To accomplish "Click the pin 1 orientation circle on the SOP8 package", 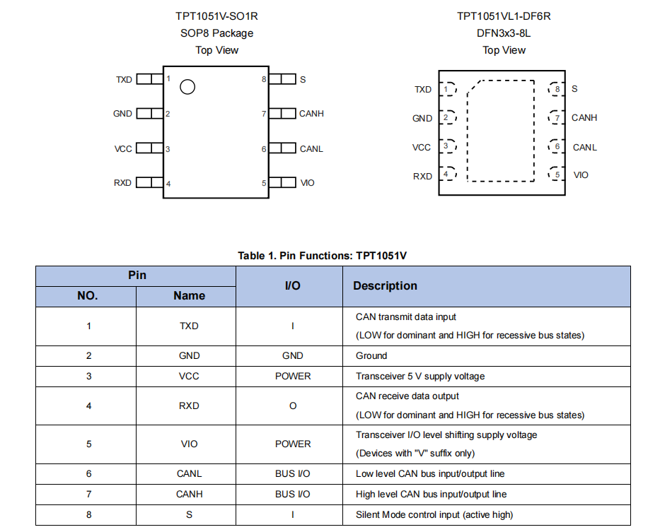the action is tap(187, 87).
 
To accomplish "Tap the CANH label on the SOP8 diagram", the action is tap(311, 113).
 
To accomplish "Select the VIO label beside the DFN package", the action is tap(581, 175).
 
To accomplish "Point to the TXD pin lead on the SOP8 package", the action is tap(149, 79).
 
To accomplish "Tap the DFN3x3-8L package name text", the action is tap(504, 32).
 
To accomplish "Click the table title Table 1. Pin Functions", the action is tap(322, 255).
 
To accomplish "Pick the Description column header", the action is tap(385, 285).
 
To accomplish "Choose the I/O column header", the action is tap(292, 285).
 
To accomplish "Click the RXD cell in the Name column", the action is tap(189, 406).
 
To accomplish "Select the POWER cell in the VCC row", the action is tap(293, 376).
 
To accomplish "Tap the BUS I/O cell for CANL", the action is tap(293, 473).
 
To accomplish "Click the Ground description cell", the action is tap(371, 355).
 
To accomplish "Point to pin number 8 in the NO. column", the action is tap(88, 514).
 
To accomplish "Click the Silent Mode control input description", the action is tap(434, 514).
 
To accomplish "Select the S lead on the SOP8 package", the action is tap(282, 79).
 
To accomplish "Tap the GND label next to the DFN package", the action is tap(422, 118).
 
